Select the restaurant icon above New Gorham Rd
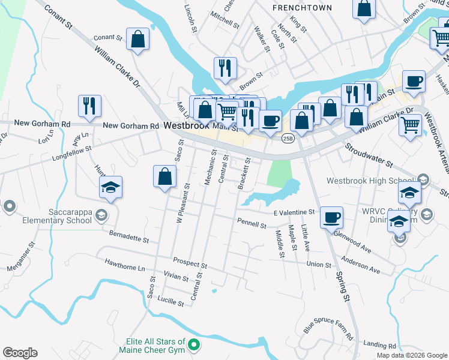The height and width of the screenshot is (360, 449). pyautogui.click(x=89, y=106)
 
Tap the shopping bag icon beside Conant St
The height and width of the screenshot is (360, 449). pyautogui.click(x=138, y=40)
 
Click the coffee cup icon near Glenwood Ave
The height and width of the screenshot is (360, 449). pyautogui.click(x=331, y=217)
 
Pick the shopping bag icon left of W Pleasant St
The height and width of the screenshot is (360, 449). pyautogui.click(x=164, y=177)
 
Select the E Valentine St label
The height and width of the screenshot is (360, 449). pyautogui.click(x=294, y=212)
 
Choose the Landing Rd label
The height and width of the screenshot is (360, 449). pyautogui.click(x=379, y=346)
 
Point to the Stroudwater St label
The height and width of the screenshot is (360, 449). pyautogui.click(x=367, y=154)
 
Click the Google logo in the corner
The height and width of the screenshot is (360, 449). pyautogui.click(x=20, y=353)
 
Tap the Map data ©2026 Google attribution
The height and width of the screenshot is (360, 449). pyautogui.click(x=412, y=355)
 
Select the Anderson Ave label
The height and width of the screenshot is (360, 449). pyautogui.click(x=361, y=265)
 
